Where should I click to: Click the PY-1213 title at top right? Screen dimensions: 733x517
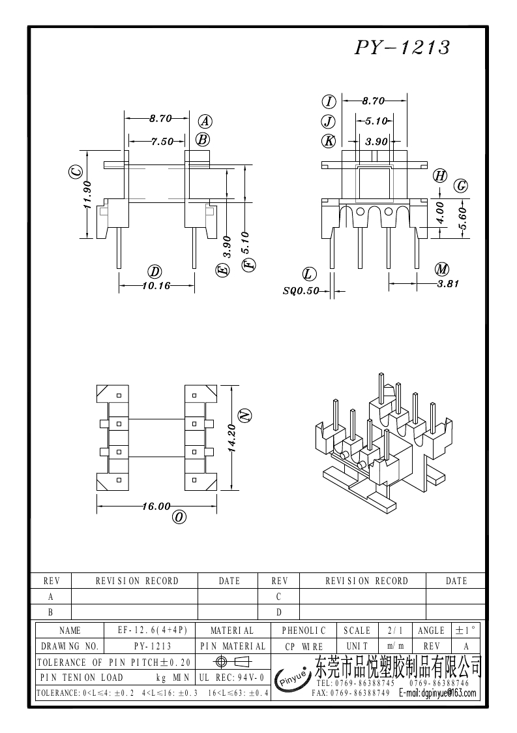coord(402,48)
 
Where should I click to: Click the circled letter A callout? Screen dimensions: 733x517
coord(205,121)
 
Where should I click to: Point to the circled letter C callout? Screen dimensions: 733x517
coord(76,172)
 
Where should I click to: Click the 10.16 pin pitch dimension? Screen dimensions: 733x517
coord(155,285)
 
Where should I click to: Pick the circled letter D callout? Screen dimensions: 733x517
coord(155,272)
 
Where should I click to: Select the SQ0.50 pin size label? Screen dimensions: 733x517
coord(301,291)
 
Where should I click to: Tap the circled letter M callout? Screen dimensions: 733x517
coord(442,269)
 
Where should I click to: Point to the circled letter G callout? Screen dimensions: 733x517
coord(461,185)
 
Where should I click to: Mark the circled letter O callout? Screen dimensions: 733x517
coord(178,518)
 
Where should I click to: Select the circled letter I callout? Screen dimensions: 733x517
coord(329,101)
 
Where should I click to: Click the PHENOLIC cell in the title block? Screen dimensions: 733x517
coord(304,631)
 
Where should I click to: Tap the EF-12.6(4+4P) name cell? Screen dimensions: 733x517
coord(152,631)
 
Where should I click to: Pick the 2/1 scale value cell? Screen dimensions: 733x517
coord(394,631)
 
